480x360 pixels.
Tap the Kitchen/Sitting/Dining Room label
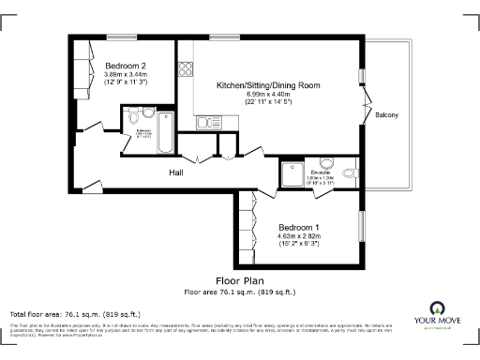268,85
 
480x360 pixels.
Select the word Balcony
387,115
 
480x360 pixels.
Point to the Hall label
176,173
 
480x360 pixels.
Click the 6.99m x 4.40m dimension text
268,95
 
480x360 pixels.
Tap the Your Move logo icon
436,308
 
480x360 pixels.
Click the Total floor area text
75,313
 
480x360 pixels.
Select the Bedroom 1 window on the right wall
362,230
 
